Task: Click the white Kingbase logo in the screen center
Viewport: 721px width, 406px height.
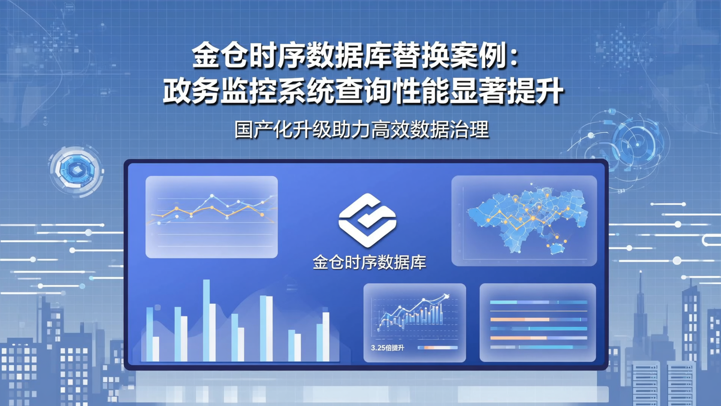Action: coord(367,220)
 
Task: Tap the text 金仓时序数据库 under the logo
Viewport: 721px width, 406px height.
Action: coord(369,263)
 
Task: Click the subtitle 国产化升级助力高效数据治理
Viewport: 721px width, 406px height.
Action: coord(362,130)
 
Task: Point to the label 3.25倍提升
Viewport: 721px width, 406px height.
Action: coord(387,348)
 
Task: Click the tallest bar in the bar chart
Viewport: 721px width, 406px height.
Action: coord(206,321)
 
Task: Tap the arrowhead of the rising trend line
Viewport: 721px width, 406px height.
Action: coord(446,297)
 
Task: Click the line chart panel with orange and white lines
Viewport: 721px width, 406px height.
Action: coord(211,217)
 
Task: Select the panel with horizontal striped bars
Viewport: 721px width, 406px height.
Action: coord(538,323)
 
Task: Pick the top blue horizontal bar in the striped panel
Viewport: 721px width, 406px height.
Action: coord(538,302)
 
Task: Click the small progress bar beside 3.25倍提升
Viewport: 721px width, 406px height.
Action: coord(437,348)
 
